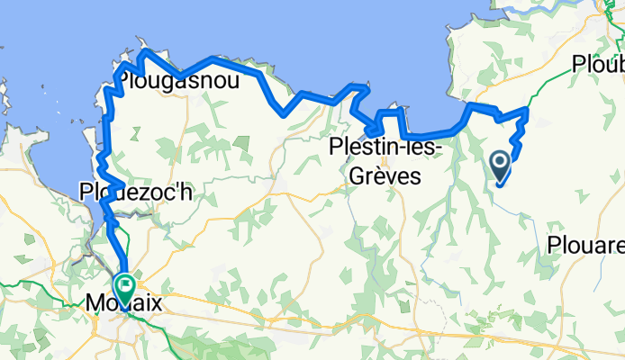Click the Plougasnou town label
(174, 83)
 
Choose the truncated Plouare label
(586, 245)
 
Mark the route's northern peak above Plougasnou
(144, 53)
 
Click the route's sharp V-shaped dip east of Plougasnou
(285, 114)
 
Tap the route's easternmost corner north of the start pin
(526, 111)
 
